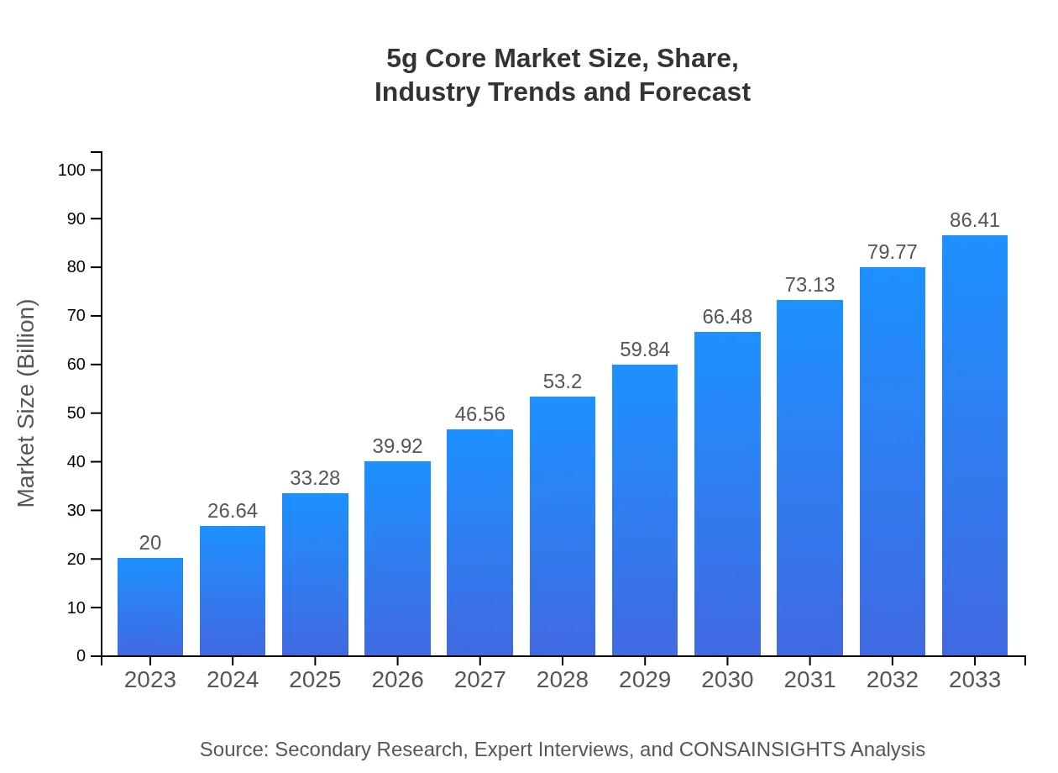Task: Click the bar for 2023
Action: tap(150, 607)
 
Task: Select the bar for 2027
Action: tap(479, 542)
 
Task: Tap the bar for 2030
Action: tap(727, 494)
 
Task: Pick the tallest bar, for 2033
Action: tap(974, 445)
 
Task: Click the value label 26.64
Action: tap(233, 511)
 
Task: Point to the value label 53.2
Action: tap(562, 381)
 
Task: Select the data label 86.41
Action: tap(974, 220)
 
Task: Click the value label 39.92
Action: tap(397, 446)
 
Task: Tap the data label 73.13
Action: tap(809, 285)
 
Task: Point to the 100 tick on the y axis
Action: tap(71, 170)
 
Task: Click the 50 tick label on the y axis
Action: tap(76, 413)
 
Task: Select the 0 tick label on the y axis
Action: tap(81, 656)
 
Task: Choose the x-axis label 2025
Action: tap(315, 680)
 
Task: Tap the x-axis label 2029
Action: tap(645, 680)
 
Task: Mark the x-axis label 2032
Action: tap(892, 680)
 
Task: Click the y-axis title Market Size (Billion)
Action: tap(27, 403)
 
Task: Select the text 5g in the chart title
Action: tap(402, 59)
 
